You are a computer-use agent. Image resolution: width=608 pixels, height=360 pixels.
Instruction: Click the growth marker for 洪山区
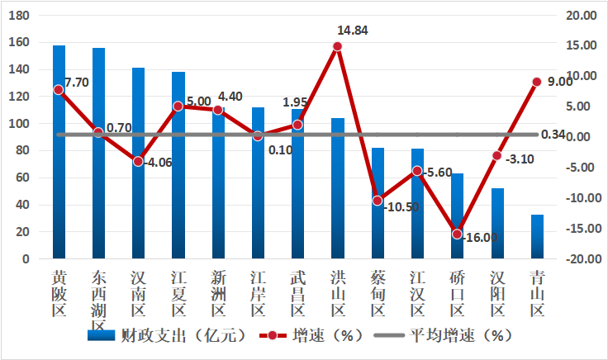337,46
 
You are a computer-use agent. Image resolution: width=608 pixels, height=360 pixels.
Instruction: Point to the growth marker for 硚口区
457,234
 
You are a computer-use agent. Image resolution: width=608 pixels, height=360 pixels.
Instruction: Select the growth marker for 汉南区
138,161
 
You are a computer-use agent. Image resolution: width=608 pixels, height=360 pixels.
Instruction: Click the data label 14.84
353,31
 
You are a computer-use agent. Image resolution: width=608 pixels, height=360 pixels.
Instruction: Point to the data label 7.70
77,83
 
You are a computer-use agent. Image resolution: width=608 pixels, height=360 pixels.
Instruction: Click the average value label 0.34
553,135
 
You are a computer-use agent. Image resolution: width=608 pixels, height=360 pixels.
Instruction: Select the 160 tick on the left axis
19,43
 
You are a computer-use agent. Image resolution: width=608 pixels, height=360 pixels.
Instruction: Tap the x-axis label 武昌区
297,292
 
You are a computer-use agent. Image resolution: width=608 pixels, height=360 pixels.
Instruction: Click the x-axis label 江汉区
417,292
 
